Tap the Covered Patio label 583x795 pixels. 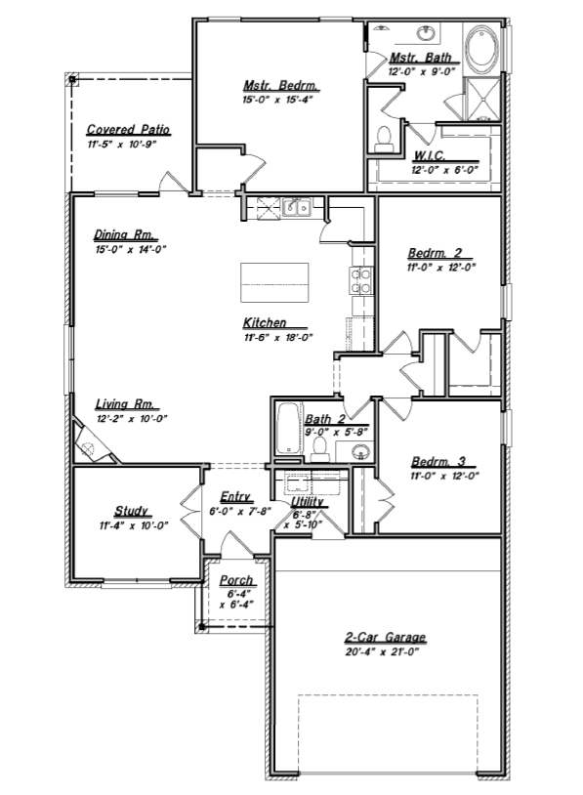[128, 129]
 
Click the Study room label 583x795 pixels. [131, 510]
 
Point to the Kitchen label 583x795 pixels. [265, 322]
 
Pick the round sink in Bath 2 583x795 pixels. [359, 451]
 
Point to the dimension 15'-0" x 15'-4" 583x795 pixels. [277, 100]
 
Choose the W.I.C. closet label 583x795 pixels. [430, 155]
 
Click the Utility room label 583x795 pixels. [308, 502]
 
